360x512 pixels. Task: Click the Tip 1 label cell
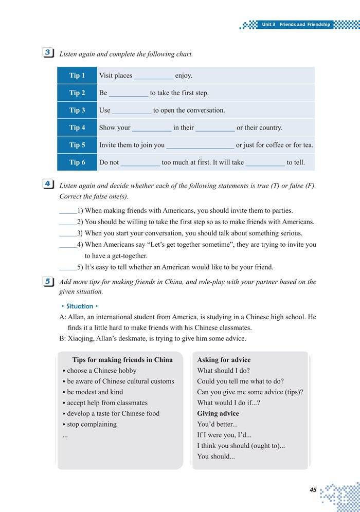(x=77, y=76)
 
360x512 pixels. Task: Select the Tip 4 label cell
(x=77, y=127)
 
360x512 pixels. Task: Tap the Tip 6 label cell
(x=77, y=162)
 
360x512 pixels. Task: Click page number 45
(x=313, y=490)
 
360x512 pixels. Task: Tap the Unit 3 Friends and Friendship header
(x=295, y=25)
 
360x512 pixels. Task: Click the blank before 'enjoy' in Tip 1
(x=154, y=76)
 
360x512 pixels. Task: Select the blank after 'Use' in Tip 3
(x=132, y=111)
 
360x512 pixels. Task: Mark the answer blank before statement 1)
(x=68, y=211)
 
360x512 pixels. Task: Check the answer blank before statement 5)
(x=68, y=268)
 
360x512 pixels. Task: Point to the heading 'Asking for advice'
(x=224, y=360)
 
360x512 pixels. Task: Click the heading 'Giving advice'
(x=218, y=413)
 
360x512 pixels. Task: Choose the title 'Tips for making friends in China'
(x=122, y=360)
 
